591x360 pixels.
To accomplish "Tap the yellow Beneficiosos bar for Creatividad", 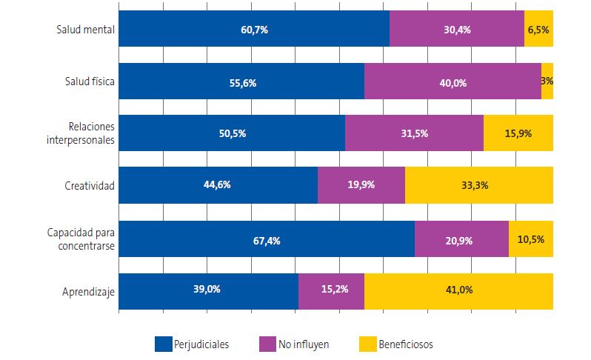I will tap(478, 185).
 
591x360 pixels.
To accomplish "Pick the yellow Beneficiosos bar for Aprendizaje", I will tap(458, 291).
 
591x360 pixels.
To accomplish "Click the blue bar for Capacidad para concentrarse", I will tap(267, 239).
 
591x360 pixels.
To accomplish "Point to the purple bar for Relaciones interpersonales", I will tap(414, 133).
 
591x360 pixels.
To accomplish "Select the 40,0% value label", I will tap(453, 83).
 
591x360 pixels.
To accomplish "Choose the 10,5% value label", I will tap(530, 239).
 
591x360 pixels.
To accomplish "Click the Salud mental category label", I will tap(85, 30).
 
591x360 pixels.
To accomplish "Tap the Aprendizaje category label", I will tap(87, 292).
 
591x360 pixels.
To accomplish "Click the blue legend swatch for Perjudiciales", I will tap(163, 344).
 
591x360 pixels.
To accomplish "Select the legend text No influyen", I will tap(304, 344).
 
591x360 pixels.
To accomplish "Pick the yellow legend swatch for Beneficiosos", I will tap(367, 344).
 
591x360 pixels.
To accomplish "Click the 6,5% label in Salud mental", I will tap(538, 30).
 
